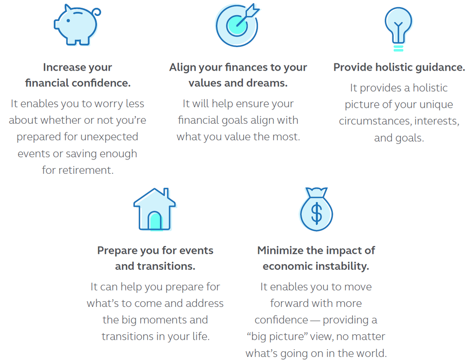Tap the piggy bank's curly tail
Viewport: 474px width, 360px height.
coord(97,12)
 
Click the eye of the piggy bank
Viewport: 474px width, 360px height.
coord(69,21)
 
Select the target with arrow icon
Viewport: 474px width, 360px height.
coord(238,25)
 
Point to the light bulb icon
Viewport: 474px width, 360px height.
coord(398,29)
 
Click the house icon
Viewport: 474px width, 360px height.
coord(155,209)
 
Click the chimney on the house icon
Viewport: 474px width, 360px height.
coord(166,193)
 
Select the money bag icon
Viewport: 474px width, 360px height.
coord(316,209)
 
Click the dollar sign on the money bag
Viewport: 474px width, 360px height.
coord(316,214)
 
